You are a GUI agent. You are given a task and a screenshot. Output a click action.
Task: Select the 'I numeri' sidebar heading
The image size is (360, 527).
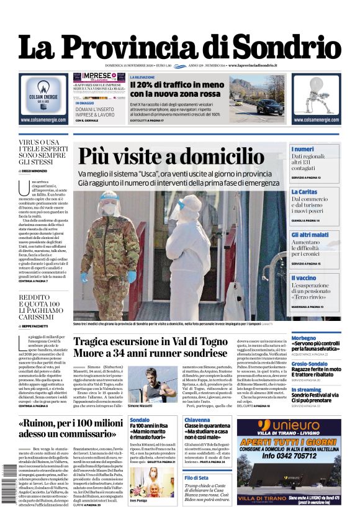pos(303,150)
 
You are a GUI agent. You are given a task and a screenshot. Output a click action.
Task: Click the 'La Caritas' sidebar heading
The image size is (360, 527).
pos(305,192)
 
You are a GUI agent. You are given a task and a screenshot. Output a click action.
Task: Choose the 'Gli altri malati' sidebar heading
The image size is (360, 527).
pos(310,235)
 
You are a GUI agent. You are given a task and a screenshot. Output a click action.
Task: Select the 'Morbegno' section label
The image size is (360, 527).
pos(305,338)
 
